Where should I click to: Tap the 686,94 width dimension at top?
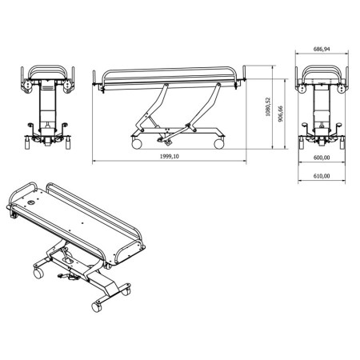[x=322, y=50]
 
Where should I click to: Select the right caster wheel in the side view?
[x=218, y=143]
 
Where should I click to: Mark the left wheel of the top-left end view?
[x=24, y=144]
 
